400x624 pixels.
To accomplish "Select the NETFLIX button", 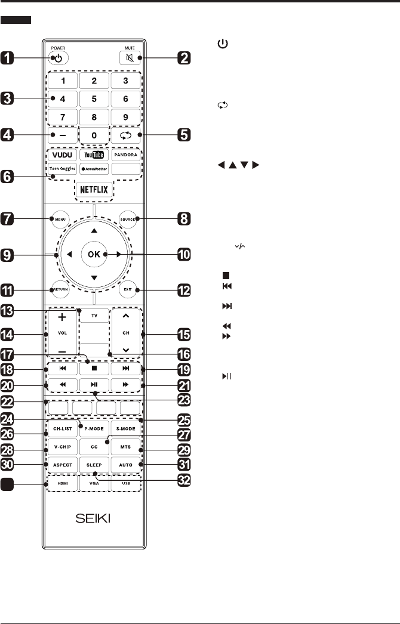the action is (x=94, y=191).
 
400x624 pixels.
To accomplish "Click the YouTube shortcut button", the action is (x=94, y=155).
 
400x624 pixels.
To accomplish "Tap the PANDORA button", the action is (x=126, y=155).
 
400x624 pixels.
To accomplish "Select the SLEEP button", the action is (x=94, y=464).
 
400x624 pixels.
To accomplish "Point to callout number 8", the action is (x=183, y=220).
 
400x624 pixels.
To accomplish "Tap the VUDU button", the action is (x=62, y=155).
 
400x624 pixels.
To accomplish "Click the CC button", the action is (x=94, y=446).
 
